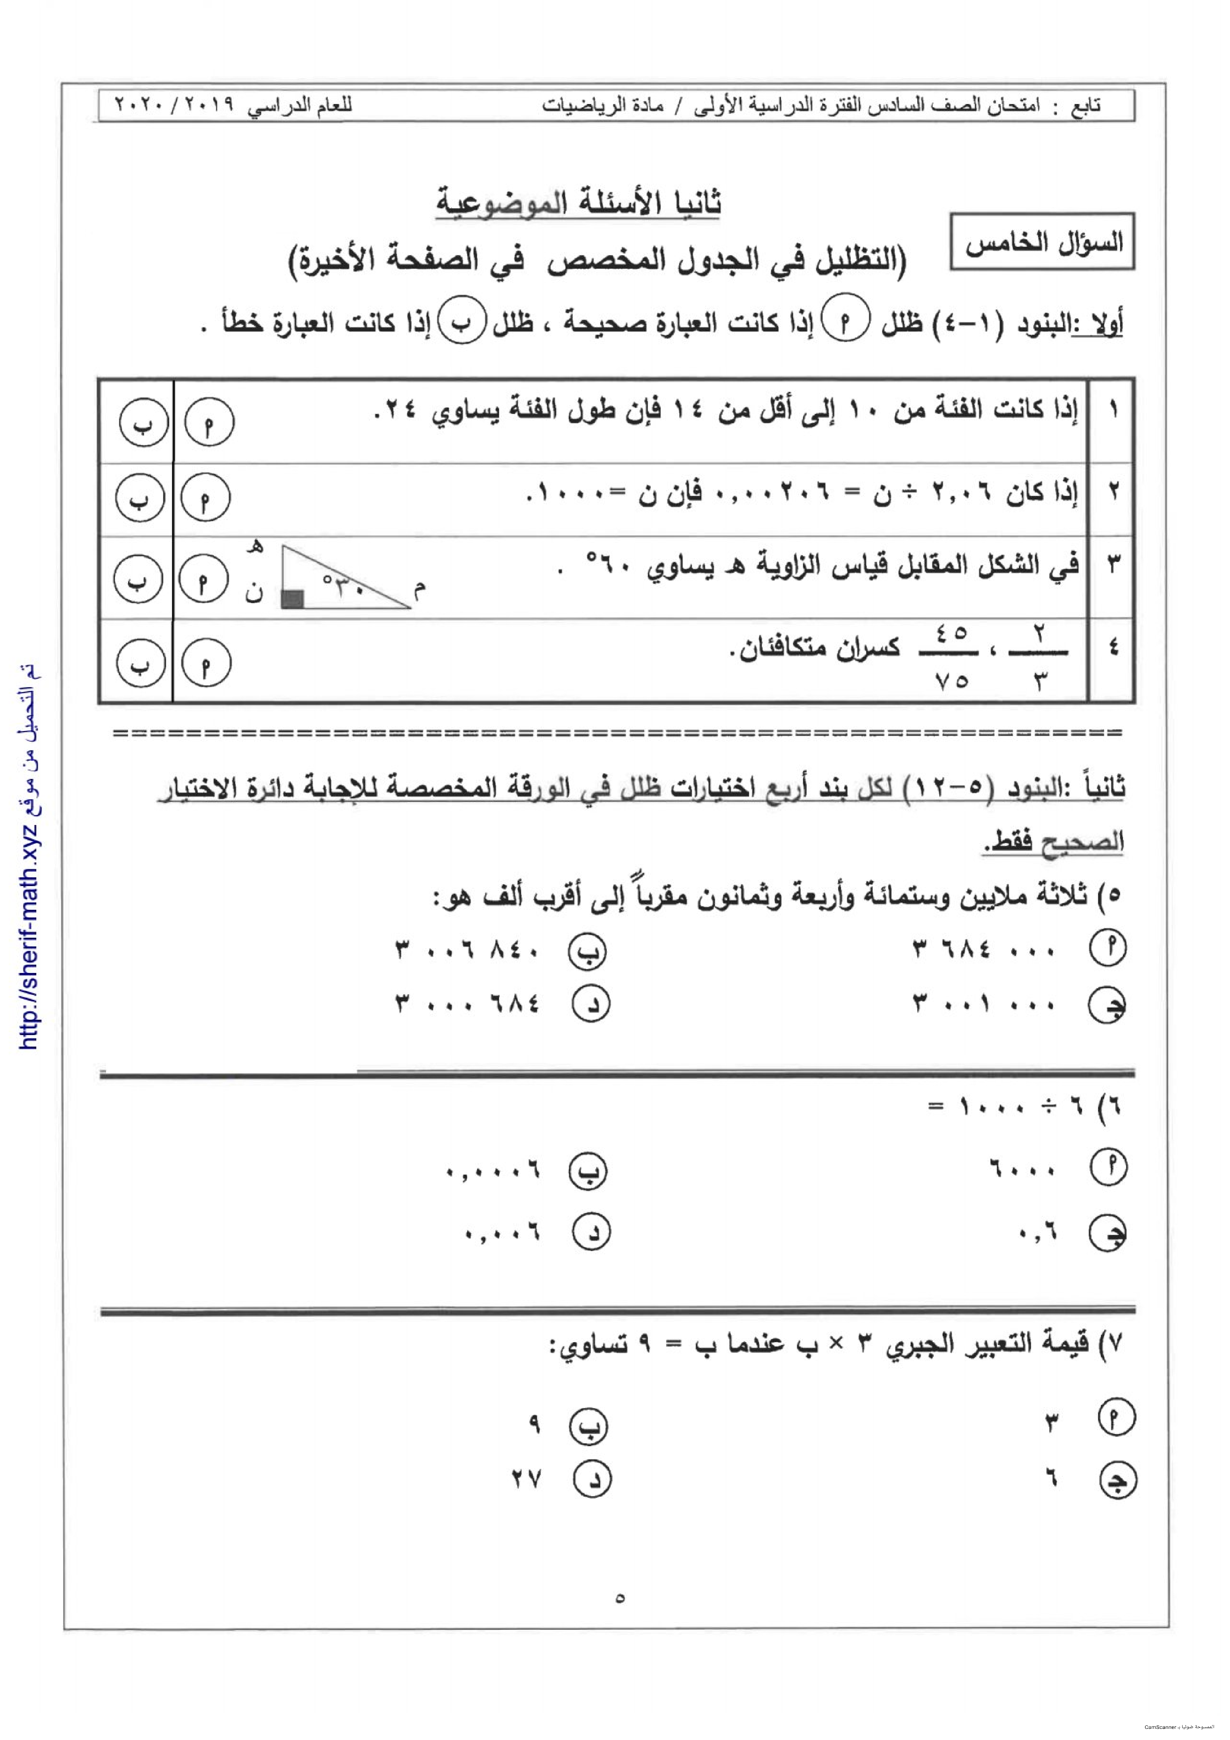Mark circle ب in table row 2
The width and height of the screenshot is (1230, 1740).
coord(140,498)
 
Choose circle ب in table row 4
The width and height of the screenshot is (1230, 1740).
coord(141,663)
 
